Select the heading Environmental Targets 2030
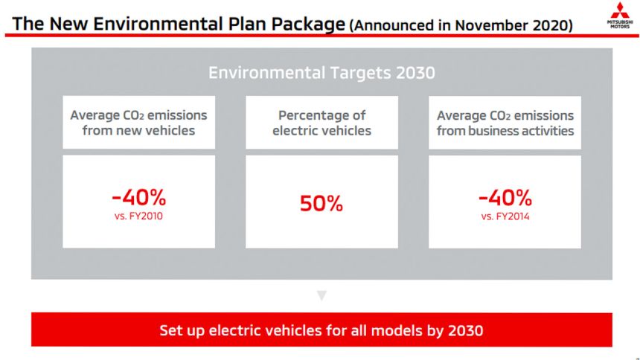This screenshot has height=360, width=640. [321, 73]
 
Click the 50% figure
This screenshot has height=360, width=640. [321, 203]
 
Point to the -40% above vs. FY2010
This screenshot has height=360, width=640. [138, 198]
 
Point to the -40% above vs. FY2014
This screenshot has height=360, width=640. [505, 198]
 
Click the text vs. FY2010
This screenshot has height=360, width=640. [138, 216]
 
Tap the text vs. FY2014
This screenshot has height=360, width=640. [505, 216]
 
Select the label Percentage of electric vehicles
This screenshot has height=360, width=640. [321, 123]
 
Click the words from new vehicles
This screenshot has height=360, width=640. [138, 131]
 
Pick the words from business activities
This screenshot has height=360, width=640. [505, 131]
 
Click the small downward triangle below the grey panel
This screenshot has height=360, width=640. [321, 295]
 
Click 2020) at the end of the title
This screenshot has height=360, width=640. [552, 25]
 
